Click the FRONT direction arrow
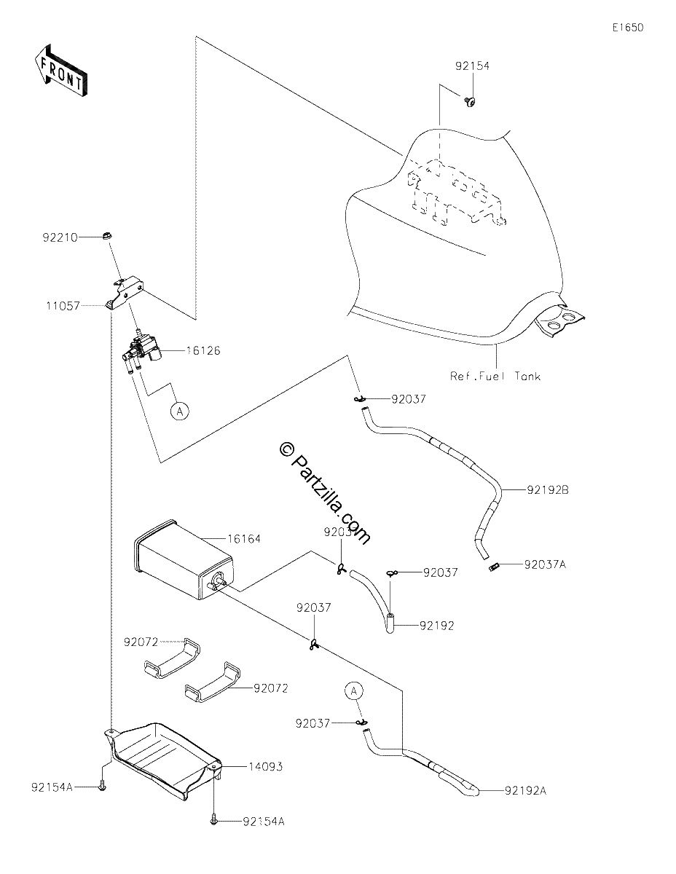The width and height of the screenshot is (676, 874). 60,71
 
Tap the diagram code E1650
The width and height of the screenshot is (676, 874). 628,28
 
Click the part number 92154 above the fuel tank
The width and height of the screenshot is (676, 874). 472,66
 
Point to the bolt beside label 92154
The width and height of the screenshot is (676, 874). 470,102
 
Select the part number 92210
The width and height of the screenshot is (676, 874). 60,237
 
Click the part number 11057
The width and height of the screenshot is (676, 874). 63,306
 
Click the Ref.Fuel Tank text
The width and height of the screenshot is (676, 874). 495,377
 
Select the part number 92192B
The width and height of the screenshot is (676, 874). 548,490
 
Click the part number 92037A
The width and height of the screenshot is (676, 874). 545,564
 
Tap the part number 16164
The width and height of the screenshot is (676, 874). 244,538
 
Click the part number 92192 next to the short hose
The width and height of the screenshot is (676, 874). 437,626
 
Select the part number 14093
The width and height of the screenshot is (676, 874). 265,767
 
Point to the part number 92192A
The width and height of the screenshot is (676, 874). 526,791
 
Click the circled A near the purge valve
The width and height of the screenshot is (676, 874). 180,411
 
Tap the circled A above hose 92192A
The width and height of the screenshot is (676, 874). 354,691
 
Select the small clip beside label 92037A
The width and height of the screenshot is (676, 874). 493,567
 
